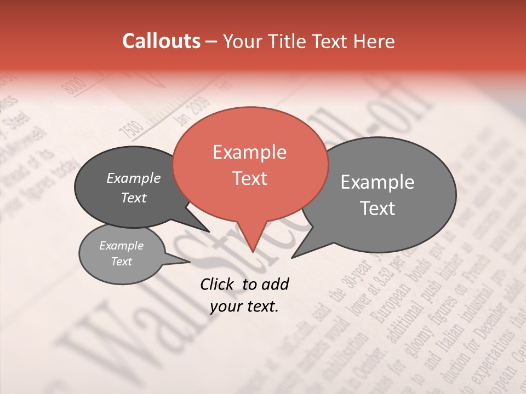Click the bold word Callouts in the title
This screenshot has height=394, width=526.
pos(161,41)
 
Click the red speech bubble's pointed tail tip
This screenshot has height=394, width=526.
pos(253,251)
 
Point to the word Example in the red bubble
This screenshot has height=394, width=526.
pos(249,152)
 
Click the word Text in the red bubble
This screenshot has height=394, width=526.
pos(249,178)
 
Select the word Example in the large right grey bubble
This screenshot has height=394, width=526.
pos(378,182)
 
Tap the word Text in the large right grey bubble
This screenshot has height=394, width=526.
pos(378,208)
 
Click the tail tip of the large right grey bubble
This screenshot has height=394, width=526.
pos(292,257)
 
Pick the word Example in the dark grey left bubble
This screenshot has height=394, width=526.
pos(133,178)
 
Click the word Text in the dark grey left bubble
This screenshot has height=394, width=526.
pos(133,198)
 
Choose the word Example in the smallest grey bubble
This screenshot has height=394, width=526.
pos(121,246)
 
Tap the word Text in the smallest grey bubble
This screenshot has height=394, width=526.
pos(121,262)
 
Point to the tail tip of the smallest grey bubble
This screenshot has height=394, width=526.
pos(190,262)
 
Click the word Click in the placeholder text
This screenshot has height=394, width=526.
pos(218,284)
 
